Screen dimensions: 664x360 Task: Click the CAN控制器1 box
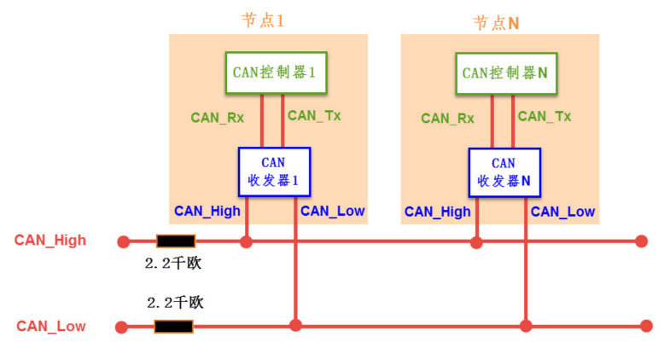point(277,73)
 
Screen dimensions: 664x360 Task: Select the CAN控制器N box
point(506,73)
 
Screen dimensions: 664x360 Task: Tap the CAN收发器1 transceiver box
point(275,171)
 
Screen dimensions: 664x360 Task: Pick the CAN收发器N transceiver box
point(504,172)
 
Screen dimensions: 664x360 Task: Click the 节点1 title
point(263,20)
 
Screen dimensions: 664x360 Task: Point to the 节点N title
point(496,23)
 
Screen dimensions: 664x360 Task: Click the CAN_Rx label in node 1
point(218,117)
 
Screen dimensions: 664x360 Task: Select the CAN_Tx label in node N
point(545,116)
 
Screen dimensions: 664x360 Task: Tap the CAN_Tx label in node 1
point(314,115)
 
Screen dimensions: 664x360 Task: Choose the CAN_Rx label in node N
point(447,118)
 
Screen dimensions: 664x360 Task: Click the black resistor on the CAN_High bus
point(176,241)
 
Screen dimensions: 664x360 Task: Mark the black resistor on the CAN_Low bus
point(173,327)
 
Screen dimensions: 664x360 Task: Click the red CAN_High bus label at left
point(50,241)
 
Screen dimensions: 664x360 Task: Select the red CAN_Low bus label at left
point(51,326)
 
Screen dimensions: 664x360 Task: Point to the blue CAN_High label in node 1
point(207,211)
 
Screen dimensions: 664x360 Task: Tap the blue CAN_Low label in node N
point(562,212)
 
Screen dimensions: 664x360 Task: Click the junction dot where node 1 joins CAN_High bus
point(246,242)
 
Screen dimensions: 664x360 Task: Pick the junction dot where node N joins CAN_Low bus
point(526,326)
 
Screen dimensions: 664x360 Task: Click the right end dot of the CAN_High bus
point(642,241)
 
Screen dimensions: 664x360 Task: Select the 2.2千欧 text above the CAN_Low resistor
point(175,303)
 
